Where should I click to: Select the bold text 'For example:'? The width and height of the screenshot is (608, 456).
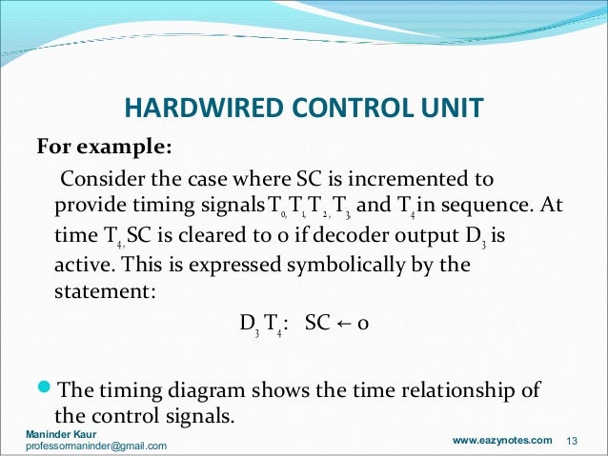point(104,149)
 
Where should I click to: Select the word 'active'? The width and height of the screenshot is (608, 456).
point(81,264)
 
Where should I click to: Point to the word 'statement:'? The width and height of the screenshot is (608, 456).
point(100,291)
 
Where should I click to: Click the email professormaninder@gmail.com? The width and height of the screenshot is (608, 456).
point(95,446)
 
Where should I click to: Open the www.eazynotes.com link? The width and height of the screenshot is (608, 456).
point(501,440)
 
